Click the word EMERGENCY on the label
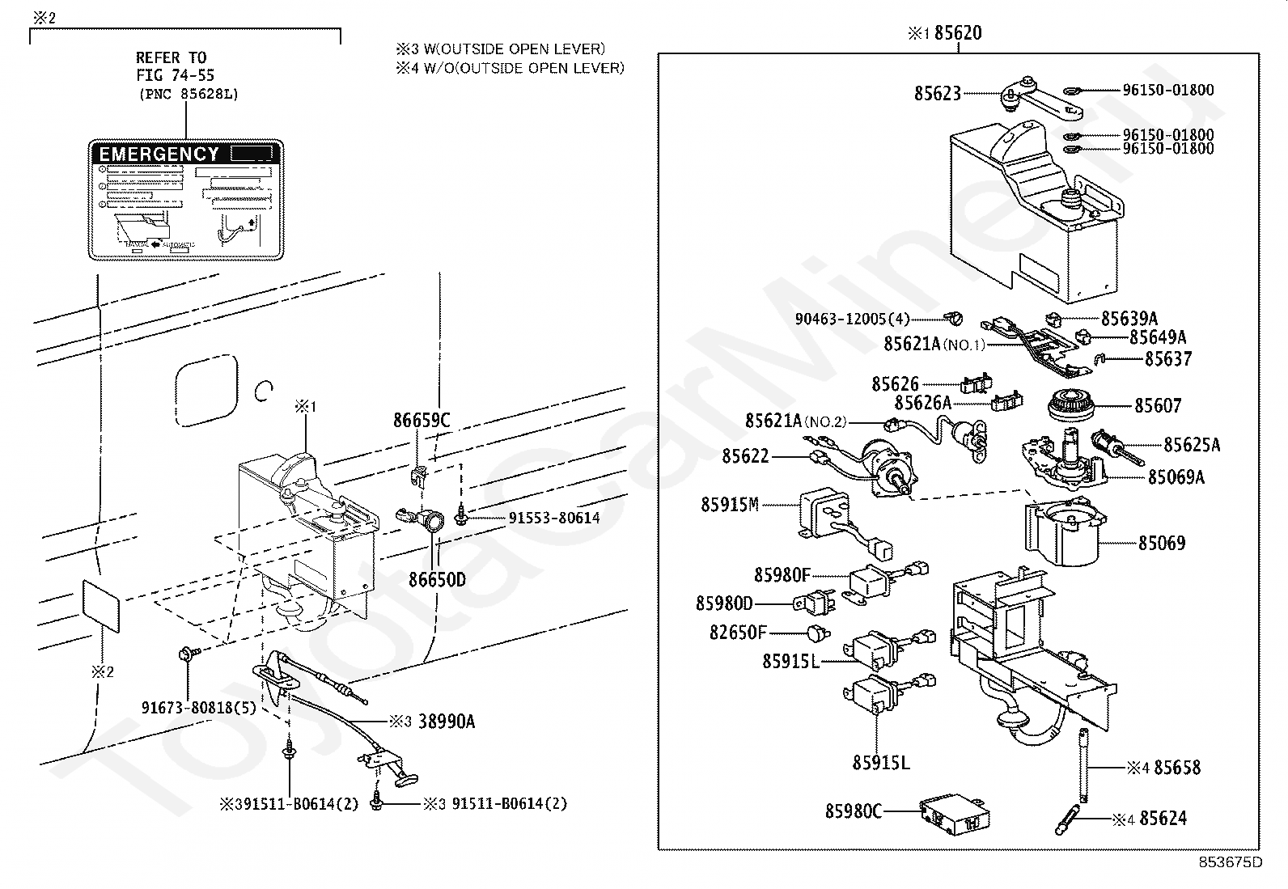pyautogui.click(x=159, y=154)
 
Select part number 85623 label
pyautogui.click(x=937, y=94)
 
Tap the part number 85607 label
pyautogui.click(x=1158, y=406)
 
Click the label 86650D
pyautogui.click(x=437, y=580)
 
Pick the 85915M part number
pyautogui.click(x=729, y=505)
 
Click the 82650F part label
pyautogui.click(x=738, y=633)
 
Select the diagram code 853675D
pyautogui.click(x=1231, y=862)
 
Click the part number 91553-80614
pyautogui.click(x=554, y=518)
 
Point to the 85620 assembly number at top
pyautogui.click(x=958, y=33)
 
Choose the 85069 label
pyautogui.click(x=1162, y=543)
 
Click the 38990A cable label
pyautogui.click(x=446, y=722)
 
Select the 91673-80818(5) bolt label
pyautogui.click(x=199, y=708)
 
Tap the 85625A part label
pyautogui.click(x=1192, y=445)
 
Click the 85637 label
pyautogui.click(x=1168, y=358)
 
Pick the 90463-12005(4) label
pyautogui.click(x=852, y=319)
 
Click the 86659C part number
pyautogui.click(x=422, y=421)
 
